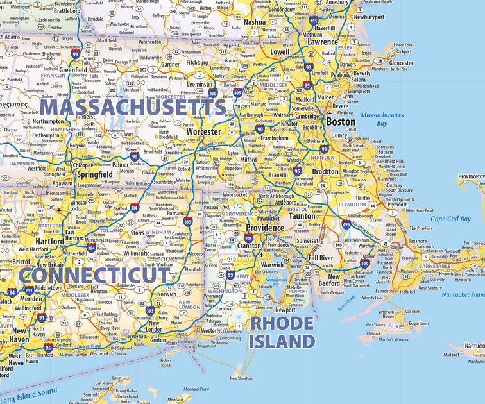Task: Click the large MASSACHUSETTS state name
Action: tap(133, 106)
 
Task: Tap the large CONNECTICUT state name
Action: tap(96, 275)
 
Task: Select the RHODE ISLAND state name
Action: tap(282, 332)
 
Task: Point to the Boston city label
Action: tap(341, 121)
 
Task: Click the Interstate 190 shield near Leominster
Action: tap(212, 94)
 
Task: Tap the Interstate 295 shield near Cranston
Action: tap(248, 238)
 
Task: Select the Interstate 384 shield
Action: tap(91, 247)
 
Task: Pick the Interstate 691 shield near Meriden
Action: tap(30, 290)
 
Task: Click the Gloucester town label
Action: tap(401, 63)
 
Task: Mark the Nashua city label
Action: tap(255, 22)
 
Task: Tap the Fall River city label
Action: tap(321, 258)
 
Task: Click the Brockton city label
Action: tap(325, 172)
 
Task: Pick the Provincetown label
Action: tap(471, 176)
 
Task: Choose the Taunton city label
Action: tap(302, 216)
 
